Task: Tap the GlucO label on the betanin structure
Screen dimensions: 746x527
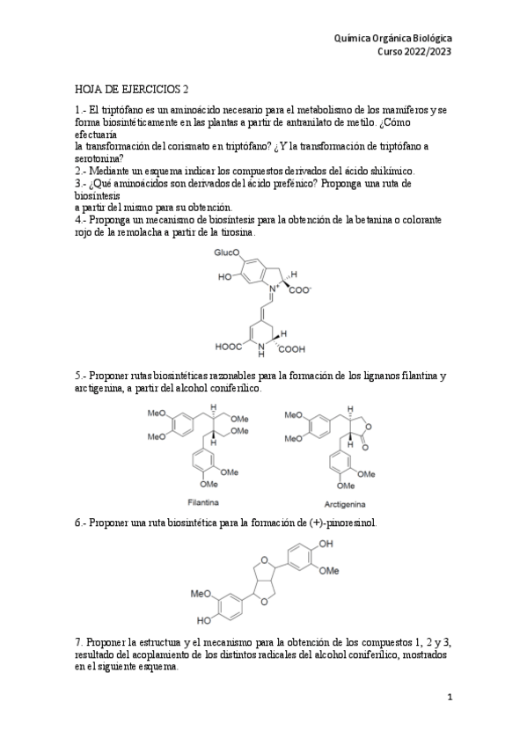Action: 226,252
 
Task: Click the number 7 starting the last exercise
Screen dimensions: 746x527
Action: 77,643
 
